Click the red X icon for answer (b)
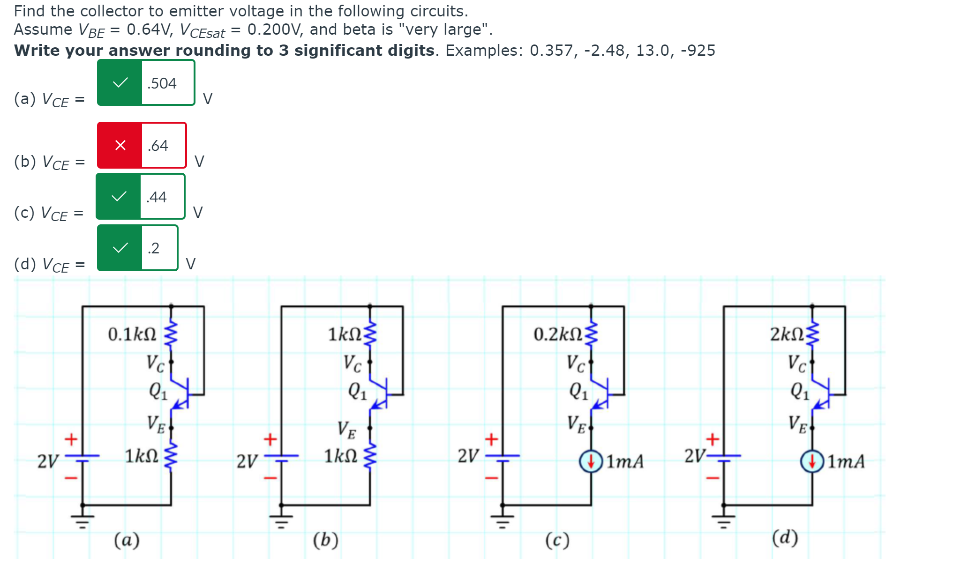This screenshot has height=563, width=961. tap(120, 145)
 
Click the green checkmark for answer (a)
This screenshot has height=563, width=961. tap(120, 83)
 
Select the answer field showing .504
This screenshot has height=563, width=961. tap(167, 83)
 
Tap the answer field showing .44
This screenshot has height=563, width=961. tap(162, 197)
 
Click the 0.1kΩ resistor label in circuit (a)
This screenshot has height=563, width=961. tap(132, 334)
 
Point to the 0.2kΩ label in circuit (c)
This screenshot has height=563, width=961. tap(558, 334)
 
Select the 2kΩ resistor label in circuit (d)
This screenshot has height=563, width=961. tap(787, 334)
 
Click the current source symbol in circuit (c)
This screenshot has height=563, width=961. tap(591, 461)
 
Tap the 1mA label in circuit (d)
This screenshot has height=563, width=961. tap(846, 462)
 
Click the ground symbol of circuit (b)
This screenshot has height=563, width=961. tap(281, 520)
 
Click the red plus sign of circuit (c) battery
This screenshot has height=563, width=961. tap(491, 439)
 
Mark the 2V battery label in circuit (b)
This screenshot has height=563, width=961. tap(247, 461)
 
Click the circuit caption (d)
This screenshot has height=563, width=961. tap(785, 538)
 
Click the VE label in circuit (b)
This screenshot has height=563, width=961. tap(347, 430)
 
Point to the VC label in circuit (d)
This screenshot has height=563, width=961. tap(796, 363)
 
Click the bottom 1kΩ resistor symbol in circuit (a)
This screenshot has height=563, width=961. tap(171, 455)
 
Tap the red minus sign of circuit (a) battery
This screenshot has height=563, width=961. tap(71, 478)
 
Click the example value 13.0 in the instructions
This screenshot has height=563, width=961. tap(651, 51)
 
